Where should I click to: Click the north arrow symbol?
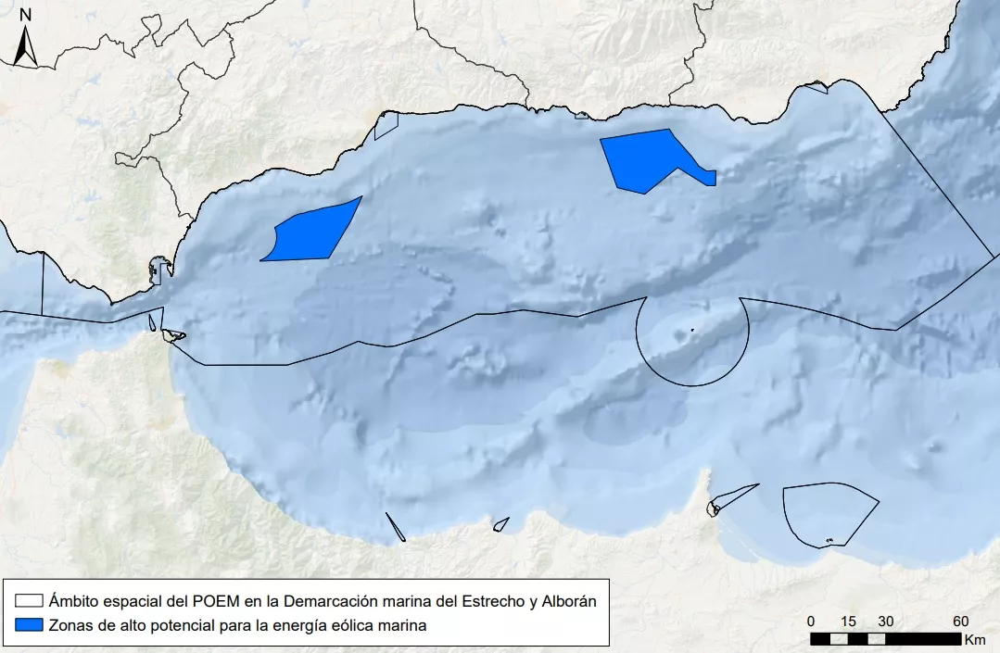26,46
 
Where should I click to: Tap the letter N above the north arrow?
26,14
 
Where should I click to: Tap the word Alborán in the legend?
566,601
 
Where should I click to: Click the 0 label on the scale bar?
811,621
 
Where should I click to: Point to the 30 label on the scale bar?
886,621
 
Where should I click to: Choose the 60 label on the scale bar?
961,621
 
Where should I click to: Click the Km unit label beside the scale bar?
975,639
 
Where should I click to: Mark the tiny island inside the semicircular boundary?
692,330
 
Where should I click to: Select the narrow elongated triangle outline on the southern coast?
396,526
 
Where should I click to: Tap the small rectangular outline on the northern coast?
386,125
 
